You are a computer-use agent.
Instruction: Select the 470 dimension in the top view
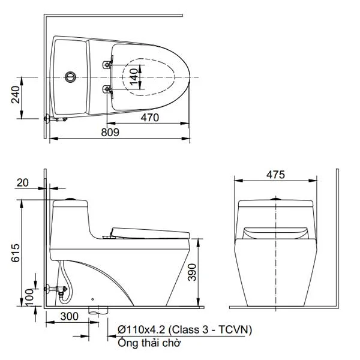(x=149, y=118)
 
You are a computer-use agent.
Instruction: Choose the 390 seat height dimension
(x=206, y=273)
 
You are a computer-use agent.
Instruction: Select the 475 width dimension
(x=275, y=175)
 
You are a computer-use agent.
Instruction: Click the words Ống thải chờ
(x=148, y=343)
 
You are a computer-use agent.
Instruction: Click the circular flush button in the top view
(x=71, y=77)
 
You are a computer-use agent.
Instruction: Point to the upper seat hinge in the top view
(x=109, y=62)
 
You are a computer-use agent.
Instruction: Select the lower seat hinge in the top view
(x=108, y=91)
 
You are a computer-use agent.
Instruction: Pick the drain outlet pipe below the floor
(x=98, y=311)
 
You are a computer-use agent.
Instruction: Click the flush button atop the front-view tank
(x=275, y=199)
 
